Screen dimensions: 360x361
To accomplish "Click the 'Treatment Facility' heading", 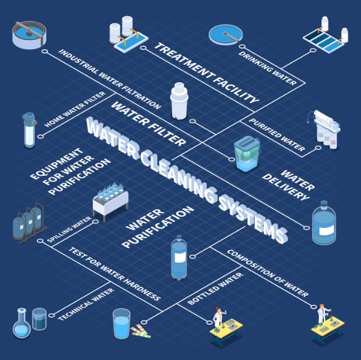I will (206, 73).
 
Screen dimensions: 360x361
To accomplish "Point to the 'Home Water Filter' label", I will (76, 110).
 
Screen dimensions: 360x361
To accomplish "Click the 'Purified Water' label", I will (276, 136).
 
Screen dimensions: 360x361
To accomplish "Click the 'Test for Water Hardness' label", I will (115, 274).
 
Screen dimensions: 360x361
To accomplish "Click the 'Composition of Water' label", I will (267, 273).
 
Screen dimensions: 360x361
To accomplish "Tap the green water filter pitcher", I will (247, 154).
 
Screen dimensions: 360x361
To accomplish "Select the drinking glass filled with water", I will (121, 324).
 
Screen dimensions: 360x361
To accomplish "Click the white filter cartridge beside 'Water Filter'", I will (180, 101).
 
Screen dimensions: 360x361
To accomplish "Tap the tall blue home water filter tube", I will (29, 130).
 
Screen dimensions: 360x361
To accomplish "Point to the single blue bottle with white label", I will (179, 259).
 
